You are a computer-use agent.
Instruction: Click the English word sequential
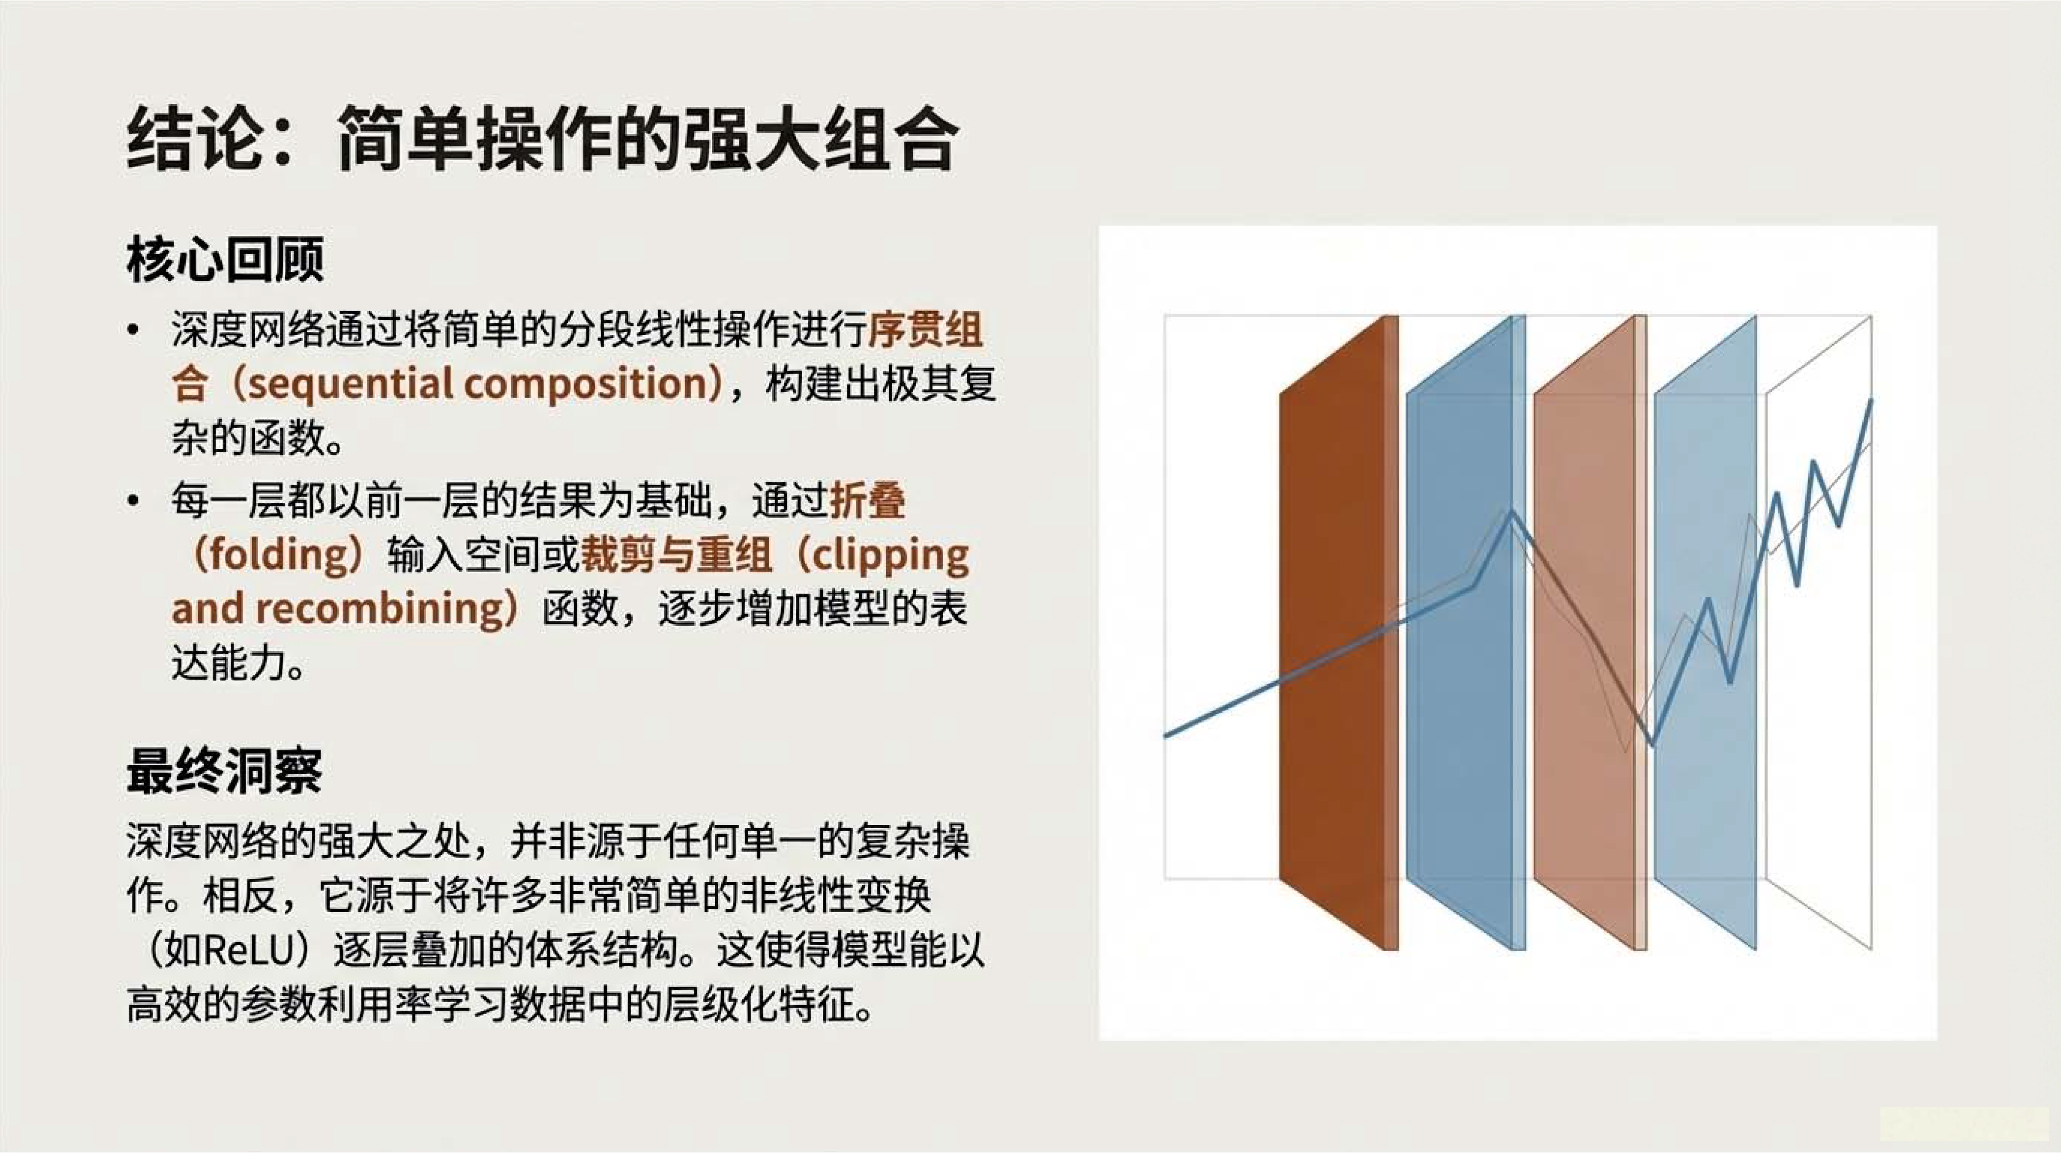[x=347, y=384]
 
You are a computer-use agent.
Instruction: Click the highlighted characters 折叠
[x=868, y=501]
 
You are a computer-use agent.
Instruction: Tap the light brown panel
[x=1591, y=632]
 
